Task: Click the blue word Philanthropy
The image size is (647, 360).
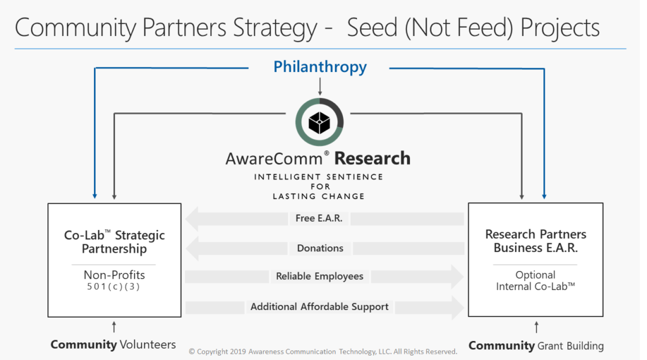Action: click(320, 67)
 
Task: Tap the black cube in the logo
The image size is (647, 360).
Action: click(319, 123)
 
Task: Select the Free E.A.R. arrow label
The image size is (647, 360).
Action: click(319, 218)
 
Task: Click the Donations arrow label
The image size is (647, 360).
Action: click(320, 248)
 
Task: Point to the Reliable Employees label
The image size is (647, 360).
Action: click(320, 276)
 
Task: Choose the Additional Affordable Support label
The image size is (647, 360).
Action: click(319, 307)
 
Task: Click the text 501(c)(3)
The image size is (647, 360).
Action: click(114, 287)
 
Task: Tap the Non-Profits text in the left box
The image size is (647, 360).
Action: click(114, 275)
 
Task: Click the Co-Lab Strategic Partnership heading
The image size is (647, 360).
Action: click(114, 242)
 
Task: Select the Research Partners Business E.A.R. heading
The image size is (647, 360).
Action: click(536, 241)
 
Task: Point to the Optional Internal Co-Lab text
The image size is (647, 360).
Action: click(536, 280)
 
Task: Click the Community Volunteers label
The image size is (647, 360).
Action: click(113, 344)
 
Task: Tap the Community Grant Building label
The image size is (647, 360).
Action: click(536, 345)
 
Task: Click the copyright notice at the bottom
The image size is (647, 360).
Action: click(323, 351)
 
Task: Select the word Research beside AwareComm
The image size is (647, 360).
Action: click(372, 159)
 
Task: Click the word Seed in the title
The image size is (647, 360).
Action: click(372, 28)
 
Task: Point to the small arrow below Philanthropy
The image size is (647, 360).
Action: click(320, 87)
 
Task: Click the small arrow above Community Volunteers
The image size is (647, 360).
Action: click(114, 327)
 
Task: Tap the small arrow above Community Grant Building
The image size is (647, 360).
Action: click(536, 327)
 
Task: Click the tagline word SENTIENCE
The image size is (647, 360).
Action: click(355, 177)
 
